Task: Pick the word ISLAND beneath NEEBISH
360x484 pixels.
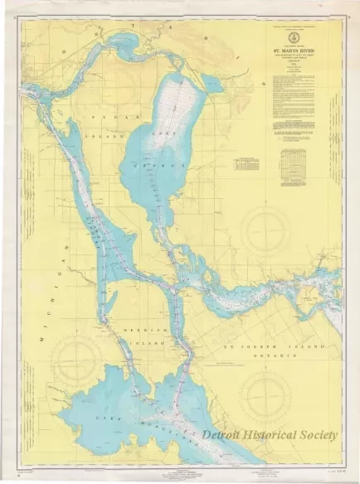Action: coord(142,340)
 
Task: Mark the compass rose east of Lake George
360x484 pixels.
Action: coord(265,220)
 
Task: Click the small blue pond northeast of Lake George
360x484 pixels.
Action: coord(212,83)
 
